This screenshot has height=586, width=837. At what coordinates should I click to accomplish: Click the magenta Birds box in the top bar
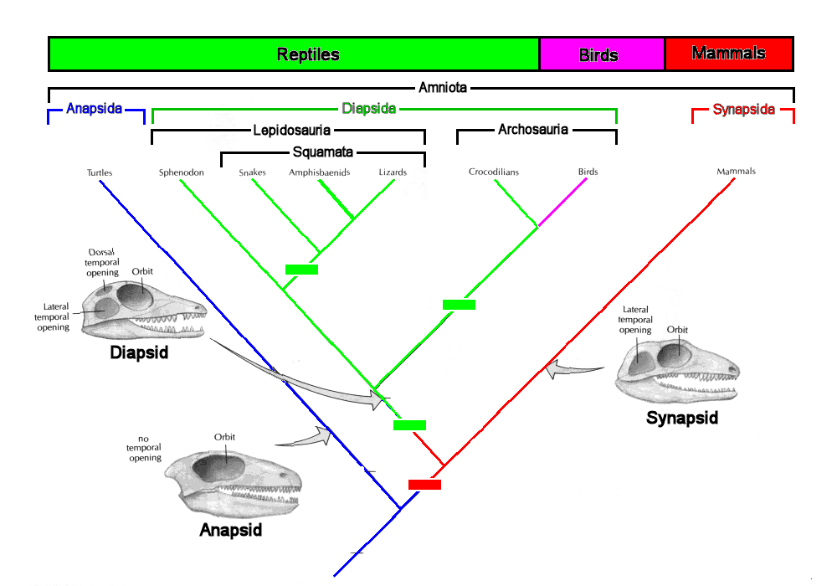[602, 54]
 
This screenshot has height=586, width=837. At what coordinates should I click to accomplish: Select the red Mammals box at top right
[729, 54]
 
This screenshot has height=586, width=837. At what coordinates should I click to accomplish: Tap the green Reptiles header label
[308, 54]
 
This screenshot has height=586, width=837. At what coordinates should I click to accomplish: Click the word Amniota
[443, 88]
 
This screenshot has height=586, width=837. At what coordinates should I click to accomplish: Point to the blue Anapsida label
[95, 109]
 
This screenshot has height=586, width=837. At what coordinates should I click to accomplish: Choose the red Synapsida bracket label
[743, 110]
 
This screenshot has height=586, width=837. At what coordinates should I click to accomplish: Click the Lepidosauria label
[291, 131]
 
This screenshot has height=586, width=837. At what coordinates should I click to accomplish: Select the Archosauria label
[532, 130]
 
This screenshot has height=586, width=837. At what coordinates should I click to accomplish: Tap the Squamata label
[322, 152]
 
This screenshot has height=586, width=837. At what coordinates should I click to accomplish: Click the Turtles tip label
[100, 172]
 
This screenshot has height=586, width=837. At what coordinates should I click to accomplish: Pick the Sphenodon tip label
[182, 172]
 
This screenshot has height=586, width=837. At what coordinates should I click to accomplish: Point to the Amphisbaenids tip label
[319, 172]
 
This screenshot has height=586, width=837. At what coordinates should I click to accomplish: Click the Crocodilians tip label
[494, 172]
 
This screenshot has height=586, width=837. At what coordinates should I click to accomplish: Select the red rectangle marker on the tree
[425, 485]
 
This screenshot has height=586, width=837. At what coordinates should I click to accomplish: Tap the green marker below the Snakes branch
[301, 270]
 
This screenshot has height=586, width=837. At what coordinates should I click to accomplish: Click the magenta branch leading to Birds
[562, 203]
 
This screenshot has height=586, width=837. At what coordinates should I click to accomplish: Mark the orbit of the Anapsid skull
[218, 467]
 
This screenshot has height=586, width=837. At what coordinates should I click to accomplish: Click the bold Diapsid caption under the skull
[139, 352]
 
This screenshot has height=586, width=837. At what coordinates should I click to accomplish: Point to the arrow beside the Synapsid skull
[574, 368]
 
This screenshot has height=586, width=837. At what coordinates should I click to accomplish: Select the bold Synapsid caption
[681, 418]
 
